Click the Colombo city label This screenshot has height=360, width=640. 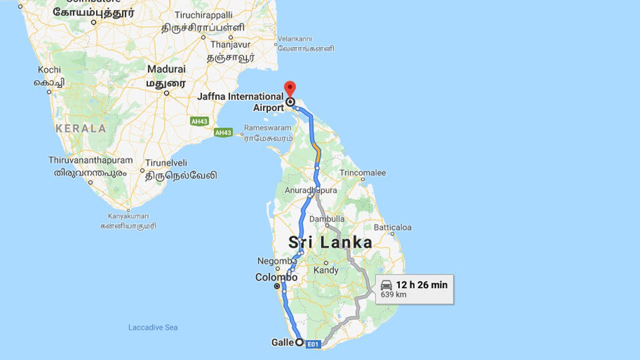click(x=276, y=277)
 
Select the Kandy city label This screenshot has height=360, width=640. click(x=326, y=270)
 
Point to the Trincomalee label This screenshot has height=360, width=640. click(x=362, y=173)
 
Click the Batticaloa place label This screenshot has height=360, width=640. click(x=392, y=227)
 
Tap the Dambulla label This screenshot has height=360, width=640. click(x=327, y=219)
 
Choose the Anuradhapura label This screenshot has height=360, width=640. click(x=310, y=190)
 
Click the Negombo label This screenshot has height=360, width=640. click(x=276, y=261)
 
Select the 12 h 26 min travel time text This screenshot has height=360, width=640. click(x=421, y=285)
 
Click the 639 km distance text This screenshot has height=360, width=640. click(x=393, y=294)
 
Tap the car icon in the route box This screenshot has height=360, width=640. click(x=386, y=285)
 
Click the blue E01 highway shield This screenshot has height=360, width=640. click(x=312, y=344)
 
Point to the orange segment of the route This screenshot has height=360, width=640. click(x=316, y=151)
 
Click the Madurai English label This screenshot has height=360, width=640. click(x=166, y=69)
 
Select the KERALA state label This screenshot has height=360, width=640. click(x=81, y=128)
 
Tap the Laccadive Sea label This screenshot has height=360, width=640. click(x=153, y=327)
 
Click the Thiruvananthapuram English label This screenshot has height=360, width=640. click(x=90, y=160)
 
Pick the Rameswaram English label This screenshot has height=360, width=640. click(x=267, y=128)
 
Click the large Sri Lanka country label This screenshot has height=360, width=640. click(x=330, y=243)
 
